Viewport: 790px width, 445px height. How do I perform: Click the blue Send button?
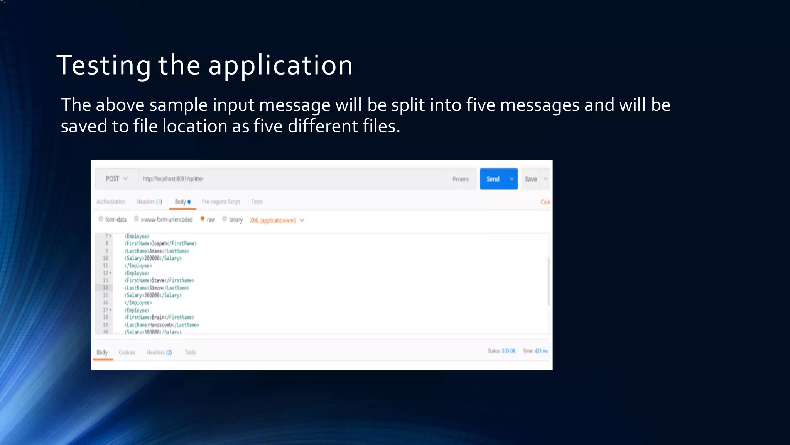(x=493, y=179)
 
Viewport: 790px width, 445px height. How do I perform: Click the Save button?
(x=531, y=179)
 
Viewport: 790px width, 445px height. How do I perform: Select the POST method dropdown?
(x=116, y=179)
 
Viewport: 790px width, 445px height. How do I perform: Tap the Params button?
(x=461, y=179)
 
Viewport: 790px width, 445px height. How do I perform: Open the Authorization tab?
(x=111, y=202)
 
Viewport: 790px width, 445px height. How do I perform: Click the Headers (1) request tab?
(x=149, y=202)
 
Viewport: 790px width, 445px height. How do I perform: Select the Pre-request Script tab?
(x=221, y=202)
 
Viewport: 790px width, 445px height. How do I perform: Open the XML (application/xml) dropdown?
(x=277, y=221)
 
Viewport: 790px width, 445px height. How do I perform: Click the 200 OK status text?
(x=508, y=351)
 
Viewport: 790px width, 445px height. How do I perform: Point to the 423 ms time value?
(x=541, y=351)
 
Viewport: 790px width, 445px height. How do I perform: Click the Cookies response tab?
(x=127, y=352)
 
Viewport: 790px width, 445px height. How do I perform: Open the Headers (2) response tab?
(x=159, y=352)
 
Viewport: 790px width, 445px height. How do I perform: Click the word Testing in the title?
(x=104, y=65)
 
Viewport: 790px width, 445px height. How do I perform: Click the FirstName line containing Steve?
(x=159, y=280)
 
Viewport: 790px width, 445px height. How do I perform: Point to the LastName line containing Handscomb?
(x=162, y=325)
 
